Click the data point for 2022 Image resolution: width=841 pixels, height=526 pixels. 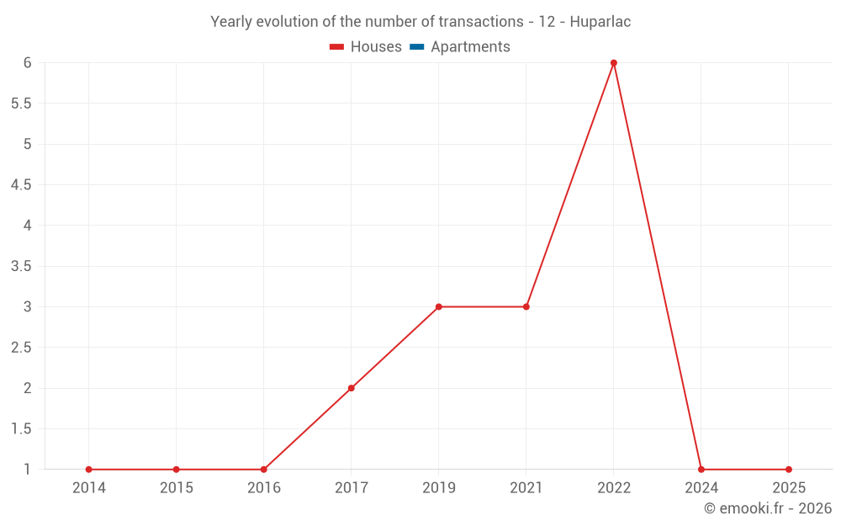(x=614, y=63)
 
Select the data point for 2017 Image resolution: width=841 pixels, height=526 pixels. (x=352, y=388)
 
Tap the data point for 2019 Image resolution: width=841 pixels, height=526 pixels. (x=439, y=306)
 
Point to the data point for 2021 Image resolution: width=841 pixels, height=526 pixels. (x=526, y=306)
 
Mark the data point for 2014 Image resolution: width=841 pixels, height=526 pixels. (x=89, y=470)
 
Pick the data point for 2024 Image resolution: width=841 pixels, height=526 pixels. (x=701, y=470)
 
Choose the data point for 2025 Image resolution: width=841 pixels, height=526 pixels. (x=789, y=470)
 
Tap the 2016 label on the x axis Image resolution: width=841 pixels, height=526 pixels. (x=264, y=488)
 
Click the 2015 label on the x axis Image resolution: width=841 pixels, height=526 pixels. (x=177, y=488)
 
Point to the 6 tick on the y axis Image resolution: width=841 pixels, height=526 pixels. (x=28, y=63)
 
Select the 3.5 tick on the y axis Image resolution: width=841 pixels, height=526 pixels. (x=21, y=266)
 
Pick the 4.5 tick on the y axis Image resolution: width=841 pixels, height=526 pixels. (x=21, y=185)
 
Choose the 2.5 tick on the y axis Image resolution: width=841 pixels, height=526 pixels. (x=21, y=348)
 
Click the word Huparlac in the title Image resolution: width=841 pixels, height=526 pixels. (x=600, y=22)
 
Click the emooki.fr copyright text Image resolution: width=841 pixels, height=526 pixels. (x=768, y=508)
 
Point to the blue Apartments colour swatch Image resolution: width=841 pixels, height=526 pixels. (x=417, y=47)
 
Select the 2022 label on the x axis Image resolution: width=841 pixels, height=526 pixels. (x=614, y=488)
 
